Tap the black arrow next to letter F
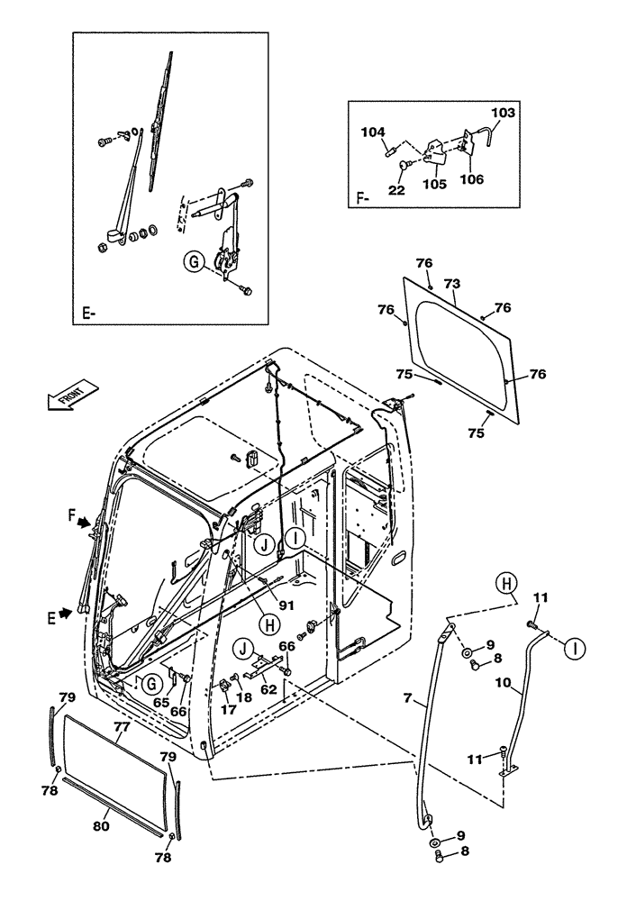click(84, 522)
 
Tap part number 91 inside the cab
click(286, 605)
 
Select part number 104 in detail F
click(371, 132)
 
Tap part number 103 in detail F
click(504, 114)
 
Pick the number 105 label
click(434, 184)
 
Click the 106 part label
click(471, 179)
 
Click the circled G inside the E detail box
click(190, 262)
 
